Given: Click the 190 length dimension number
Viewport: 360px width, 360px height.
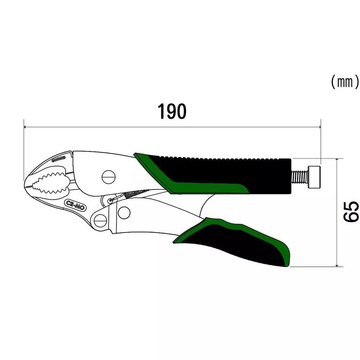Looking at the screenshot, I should (172, 112).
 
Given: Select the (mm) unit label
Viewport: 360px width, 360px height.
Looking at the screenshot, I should (345, 82).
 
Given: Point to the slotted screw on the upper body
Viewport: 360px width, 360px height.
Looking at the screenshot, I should (109, 176).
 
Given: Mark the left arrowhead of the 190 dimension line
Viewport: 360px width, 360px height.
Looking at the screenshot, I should (25, 127).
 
